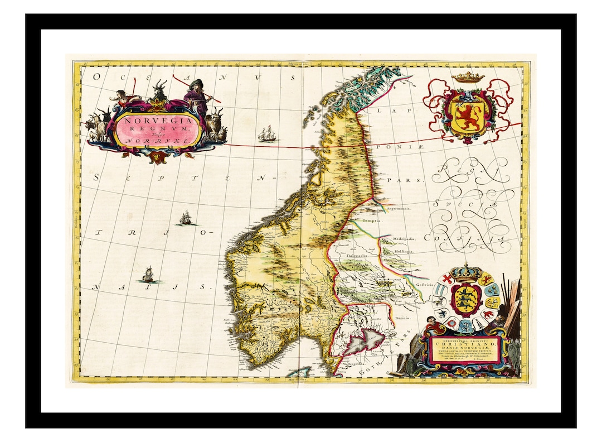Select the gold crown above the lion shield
[x=467, y=77]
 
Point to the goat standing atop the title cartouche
[x=161, y=90]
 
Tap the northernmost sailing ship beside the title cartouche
[x=268, y=133]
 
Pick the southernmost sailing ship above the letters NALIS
[x=148, y=274]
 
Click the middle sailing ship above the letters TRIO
[x=186, y=218]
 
